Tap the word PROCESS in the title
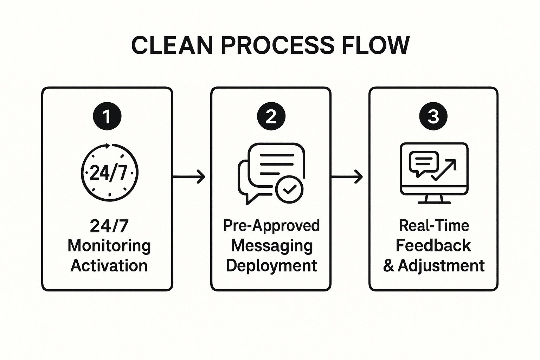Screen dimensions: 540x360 [277, 46]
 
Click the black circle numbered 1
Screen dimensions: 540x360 [107, 116]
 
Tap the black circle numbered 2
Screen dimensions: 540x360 [271, 116]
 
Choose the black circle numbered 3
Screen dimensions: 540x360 [433, 116]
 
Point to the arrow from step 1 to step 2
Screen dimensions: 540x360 [189, 177]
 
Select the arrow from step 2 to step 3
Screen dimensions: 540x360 [347, 177]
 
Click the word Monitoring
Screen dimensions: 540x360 [109, 246]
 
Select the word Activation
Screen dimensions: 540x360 [109, 266]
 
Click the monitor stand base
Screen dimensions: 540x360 [434, 202]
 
